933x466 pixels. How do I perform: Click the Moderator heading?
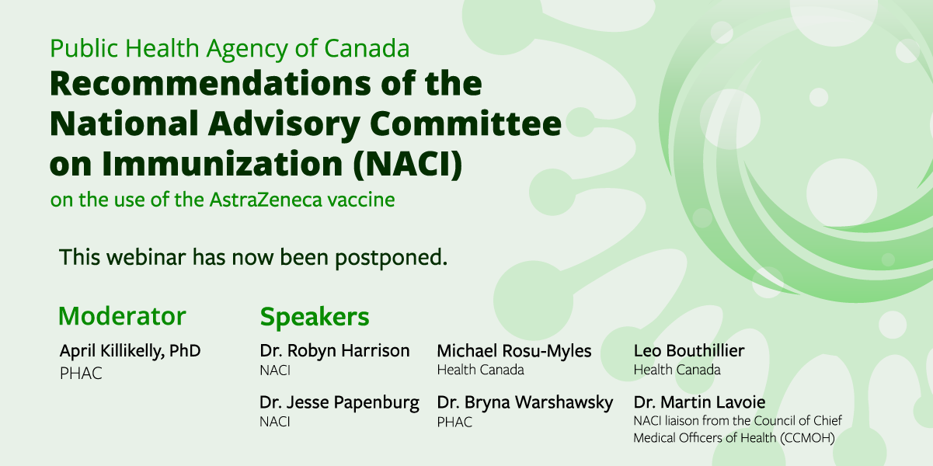coord(122,315)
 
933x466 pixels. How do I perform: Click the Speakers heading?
coord(315,317)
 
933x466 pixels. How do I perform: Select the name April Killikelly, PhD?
coord(130,351)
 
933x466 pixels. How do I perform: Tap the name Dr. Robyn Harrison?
coord(335,350)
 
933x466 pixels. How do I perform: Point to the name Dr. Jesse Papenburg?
coord(339,402)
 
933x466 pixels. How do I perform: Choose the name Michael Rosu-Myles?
coord(514,351)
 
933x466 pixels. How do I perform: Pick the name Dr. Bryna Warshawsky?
coord(525,402)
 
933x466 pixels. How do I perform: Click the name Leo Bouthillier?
coord(689,350)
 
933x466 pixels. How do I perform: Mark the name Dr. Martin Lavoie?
coord(699,402)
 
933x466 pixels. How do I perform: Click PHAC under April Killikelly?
coord(81,374)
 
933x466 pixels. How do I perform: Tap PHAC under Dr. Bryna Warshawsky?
coord(454,423)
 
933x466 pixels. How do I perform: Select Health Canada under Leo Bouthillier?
coord(677,370)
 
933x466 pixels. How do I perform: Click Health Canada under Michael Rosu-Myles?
coord(480,370)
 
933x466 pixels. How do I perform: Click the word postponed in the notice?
coord(391,258)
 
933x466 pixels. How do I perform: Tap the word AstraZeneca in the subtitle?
coord(266,200)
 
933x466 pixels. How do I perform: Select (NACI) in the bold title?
coord(408,164)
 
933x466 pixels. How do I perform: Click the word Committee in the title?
coord(465,123)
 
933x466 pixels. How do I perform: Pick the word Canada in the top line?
coord(367,48)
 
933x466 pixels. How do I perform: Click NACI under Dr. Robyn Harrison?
coord(275,370)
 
